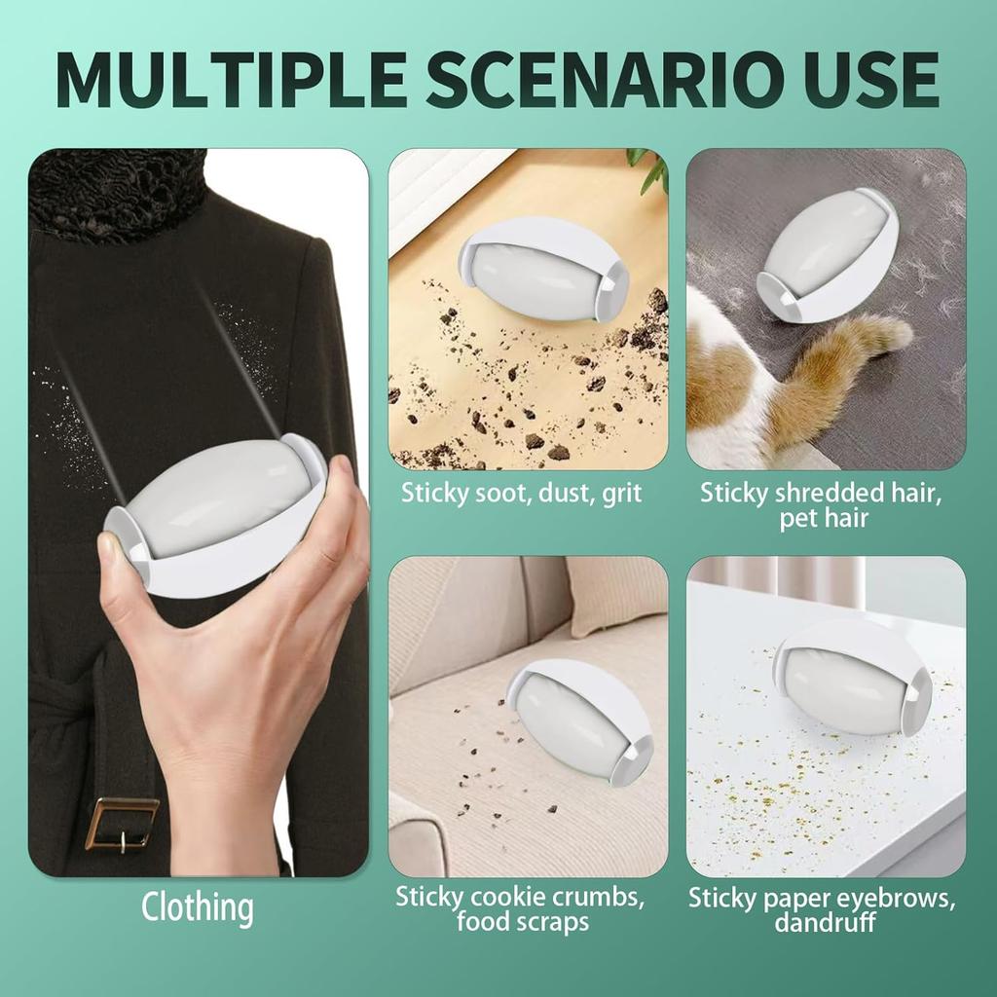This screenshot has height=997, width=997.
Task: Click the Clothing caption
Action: click(x=198, y=907)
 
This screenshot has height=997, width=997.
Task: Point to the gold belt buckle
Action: click(x=121, y=824)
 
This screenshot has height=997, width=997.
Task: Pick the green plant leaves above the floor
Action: click(x=650, y=170)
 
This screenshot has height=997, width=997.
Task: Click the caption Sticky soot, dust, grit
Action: click(x=522, y=493)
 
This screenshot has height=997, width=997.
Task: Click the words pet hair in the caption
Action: click(x=824, y=518)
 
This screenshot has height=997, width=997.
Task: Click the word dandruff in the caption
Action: click(x=825, y=922)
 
